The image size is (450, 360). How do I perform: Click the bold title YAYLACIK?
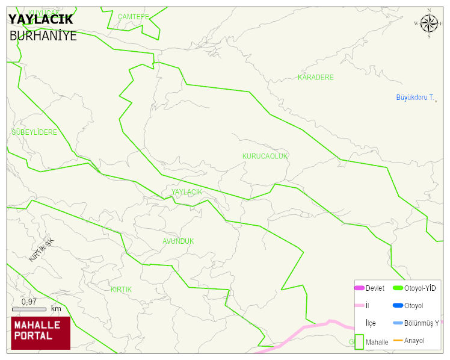click(x=40, y=20)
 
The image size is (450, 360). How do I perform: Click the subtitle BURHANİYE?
click(x=43, y=36)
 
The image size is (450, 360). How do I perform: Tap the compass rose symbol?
click(x=429, y=23)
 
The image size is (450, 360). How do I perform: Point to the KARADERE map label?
click(x=315, y=78)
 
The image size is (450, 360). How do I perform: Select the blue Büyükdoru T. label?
click(x=415, y=98)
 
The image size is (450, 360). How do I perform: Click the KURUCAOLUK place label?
click(x=265, y=156)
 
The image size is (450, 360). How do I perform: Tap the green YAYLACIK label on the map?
click(x=186, y=192)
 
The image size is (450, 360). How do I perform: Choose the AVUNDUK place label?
click(x=178, y=241)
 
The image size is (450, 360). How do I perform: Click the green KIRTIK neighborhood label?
click(x=121, y=290)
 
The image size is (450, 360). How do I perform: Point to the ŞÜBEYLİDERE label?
click(x=34, y=132)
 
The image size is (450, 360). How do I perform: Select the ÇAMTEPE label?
click(x=133, y=16)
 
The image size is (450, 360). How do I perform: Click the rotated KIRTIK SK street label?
click(x=41, y=250)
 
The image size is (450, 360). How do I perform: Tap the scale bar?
click(x=29, y=309)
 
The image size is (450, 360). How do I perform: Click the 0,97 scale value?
click(x=29, y=302)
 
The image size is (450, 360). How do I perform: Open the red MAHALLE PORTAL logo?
click(x=40, y=333)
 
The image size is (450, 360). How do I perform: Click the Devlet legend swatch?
click(x=359, y=288)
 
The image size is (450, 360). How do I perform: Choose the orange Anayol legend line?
click(x=398, y=341)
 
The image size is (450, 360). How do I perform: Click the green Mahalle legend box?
click(x=359, y=342)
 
